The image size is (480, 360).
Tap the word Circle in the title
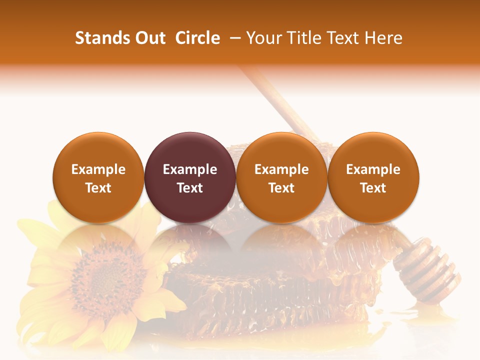pyautogui.click(x=197, y=38)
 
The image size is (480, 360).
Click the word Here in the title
pyautogui.click(x=383, y=38)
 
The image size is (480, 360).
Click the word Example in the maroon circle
pyautogui.click(x=190, y=169)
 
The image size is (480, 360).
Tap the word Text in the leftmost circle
pyautogui.click(x=98, y=188)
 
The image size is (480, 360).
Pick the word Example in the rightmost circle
pyautogui.click(x=373, y=169)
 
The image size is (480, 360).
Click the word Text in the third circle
pyautogui.click(x=281, y=188)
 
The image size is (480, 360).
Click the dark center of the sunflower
pyautogui.click(x=102, y=280)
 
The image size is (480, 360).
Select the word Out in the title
pyautogui.click(x=150, y=38)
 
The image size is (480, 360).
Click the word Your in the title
pyautogui.click(x=263, y=38)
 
